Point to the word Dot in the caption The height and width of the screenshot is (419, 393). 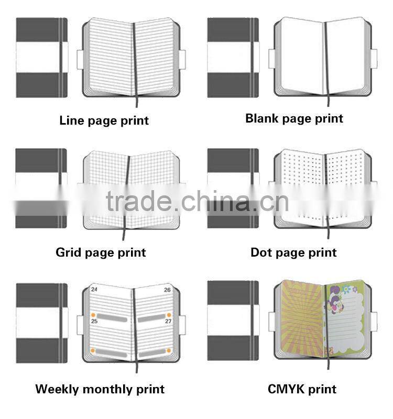[x=262, y=252]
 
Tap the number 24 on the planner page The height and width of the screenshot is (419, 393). [x=94, y=289]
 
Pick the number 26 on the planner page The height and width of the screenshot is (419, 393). [x=167, y=289]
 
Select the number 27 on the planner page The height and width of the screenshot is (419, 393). [x=168, y=321]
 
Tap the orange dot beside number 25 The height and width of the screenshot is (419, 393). [x=94, y=315]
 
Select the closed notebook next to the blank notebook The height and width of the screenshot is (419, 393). [x=233, y=58]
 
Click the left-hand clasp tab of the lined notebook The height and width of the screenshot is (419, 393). [x=81, y=59]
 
